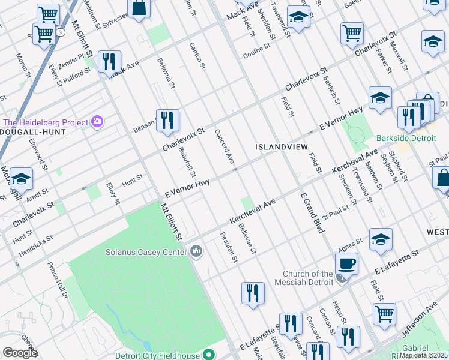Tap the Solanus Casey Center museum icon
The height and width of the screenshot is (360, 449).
196,251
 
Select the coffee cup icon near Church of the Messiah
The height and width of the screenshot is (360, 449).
347,263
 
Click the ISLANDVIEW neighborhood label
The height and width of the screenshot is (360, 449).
281,147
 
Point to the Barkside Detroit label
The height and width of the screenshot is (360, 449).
403,137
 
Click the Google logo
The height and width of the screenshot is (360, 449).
20,353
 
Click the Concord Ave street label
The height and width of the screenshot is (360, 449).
224,146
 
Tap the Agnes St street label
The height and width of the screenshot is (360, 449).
351,243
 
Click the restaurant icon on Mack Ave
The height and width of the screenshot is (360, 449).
109,62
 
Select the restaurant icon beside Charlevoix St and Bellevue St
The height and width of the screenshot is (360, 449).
167,120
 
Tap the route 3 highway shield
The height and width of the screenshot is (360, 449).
61,32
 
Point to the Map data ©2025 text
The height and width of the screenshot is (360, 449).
424,355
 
